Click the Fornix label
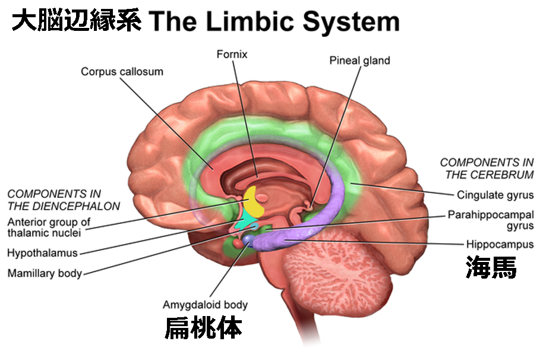tap(232, 54)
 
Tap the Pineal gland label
tap(359, 61)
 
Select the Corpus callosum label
tap(122, 72)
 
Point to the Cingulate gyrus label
tap(495, 195)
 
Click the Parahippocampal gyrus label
tap(491, 220)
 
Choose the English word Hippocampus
tap(500, 244)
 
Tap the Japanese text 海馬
tap(491, 267)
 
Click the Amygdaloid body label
tap(205, 305)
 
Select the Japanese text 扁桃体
tap(203, 327)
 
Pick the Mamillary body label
tap(45, 273)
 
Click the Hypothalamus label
tap(42, 252)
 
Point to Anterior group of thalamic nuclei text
tap(49, 227)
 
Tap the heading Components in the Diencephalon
tap(64, 200)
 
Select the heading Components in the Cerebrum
tap(487, 168)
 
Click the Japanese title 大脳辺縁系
tap(76, 20)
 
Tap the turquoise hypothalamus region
tap(246, 223)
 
